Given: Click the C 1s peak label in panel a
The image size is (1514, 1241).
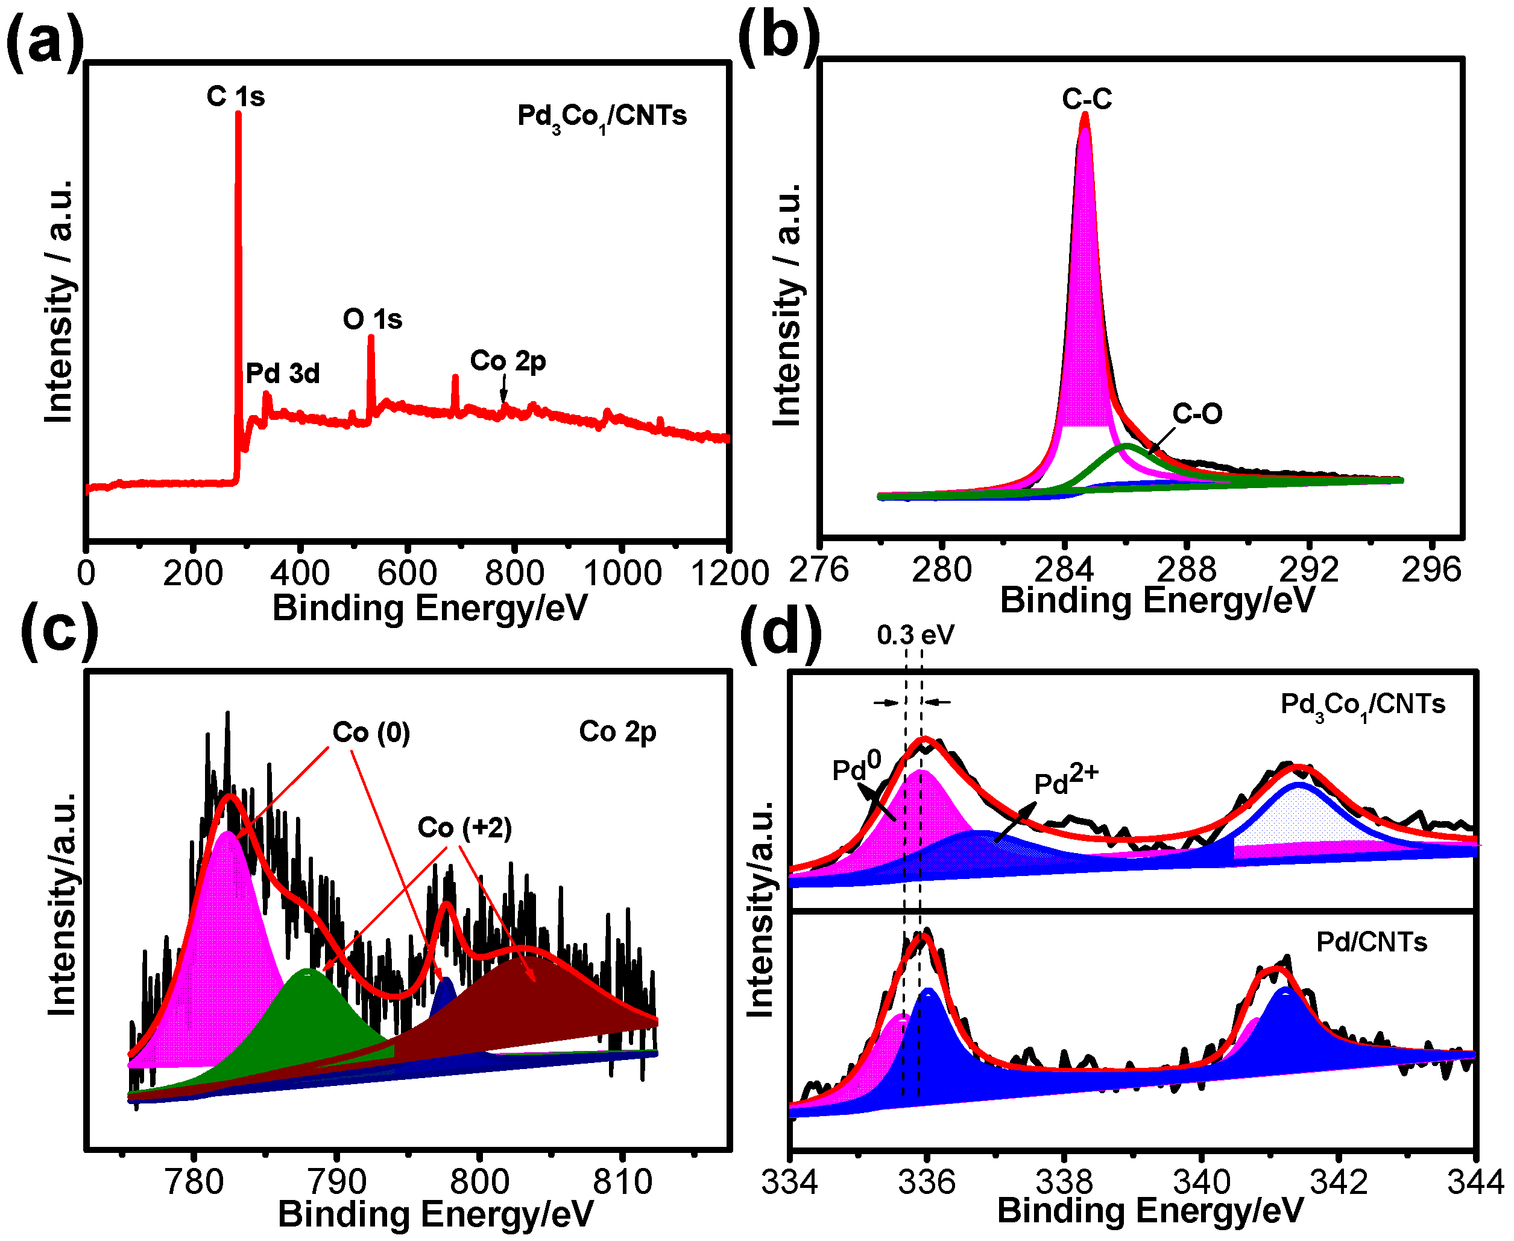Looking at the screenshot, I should [235, 96].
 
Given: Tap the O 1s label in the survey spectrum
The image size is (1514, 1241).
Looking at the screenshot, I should [372, 319].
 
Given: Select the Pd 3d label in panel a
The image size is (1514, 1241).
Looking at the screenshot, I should [282, 373].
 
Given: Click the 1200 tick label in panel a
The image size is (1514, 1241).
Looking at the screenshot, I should [730, 573].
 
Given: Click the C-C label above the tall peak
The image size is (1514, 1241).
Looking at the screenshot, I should [1086, 99].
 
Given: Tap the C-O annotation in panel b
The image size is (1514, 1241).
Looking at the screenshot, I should [1197, 413].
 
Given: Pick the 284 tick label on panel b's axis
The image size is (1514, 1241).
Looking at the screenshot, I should [1064, 570].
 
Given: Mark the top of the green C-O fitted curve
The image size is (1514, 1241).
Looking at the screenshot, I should [1127, 446].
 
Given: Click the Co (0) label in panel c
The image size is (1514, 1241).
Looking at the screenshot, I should [371, 732].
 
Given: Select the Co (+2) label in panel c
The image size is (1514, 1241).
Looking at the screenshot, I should [464, 828].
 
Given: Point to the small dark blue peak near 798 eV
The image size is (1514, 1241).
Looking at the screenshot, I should [445, 988].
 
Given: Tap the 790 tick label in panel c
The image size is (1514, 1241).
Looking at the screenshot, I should [336, 1182].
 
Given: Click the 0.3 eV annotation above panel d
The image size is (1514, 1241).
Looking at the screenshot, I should [915, 635].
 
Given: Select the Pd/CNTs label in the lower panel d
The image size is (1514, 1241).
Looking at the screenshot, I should [1371, 942].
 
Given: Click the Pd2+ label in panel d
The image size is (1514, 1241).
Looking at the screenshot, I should [1065, 781].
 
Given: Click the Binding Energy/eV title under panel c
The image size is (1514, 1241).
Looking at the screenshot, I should [435, 1214].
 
